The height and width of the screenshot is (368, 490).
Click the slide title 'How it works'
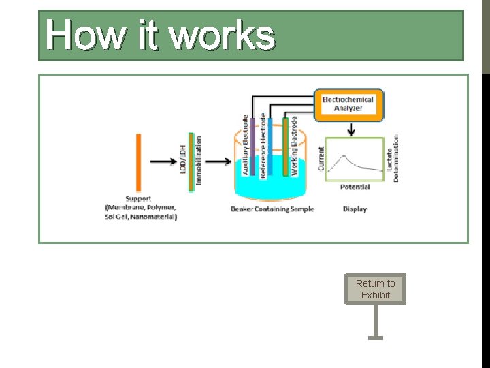coord(161,35)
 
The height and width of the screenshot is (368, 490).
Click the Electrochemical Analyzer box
coord(348,104)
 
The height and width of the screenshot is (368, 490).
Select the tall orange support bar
coord(138,162)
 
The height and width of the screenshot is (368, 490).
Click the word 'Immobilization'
coord(199,161)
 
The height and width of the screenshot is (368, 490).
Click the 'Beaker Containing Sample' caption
coord(272,209)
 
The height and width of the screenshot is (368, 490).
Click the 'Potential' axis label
coord(355,187)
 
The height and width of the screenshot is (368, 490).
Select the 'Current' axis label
coord(321,158)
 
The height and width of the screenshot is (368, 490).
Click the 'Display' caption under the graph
coord(355,209)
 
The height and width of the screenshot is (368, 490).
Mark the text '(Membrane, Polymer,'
coord(141,207)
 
